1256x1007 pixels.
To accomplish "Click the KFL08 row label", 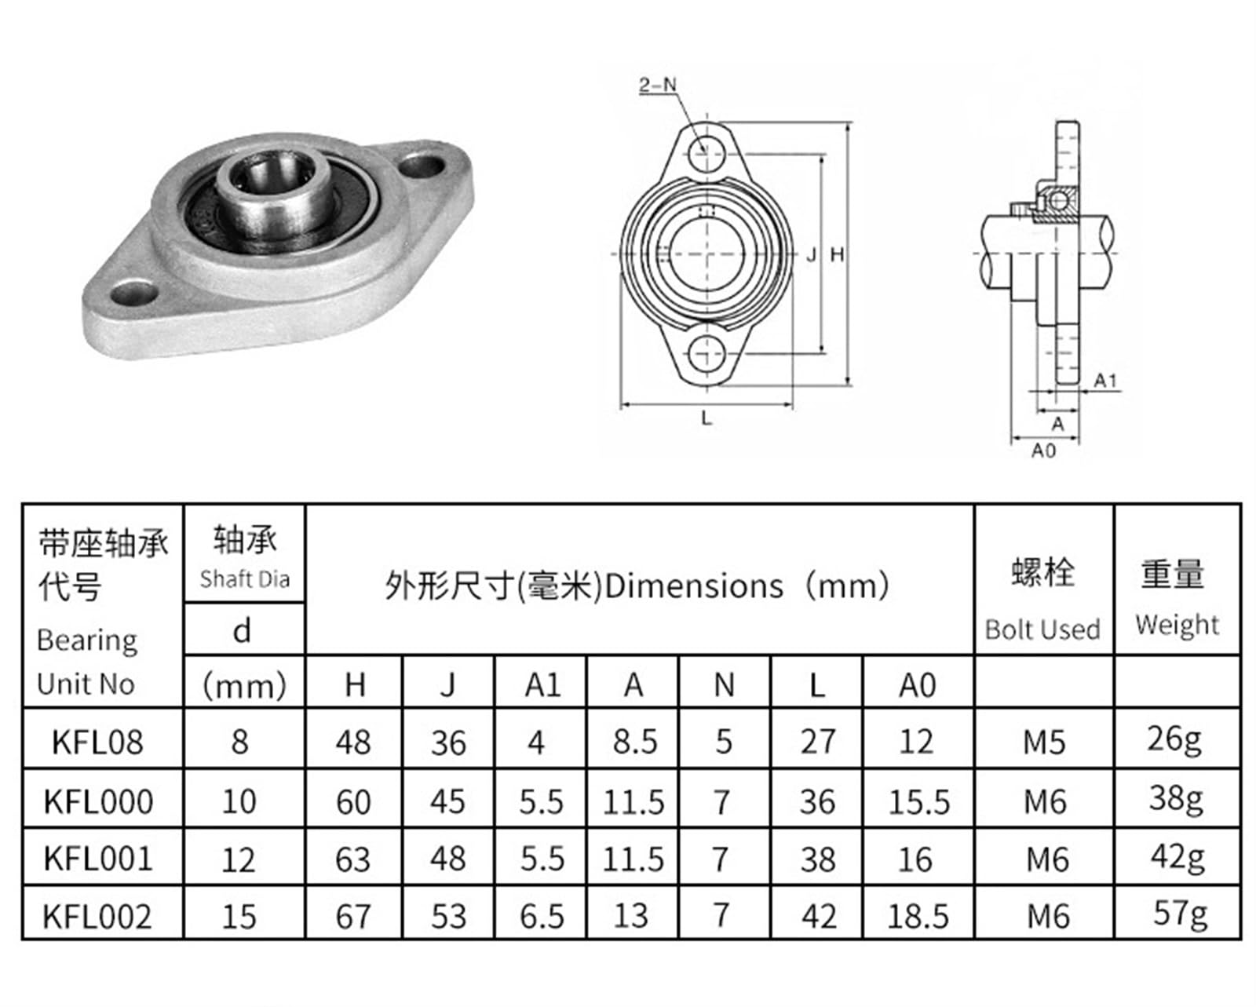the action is [x=97, y=742].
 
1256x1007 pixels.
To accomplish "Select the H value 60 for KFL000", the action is [x=353, y=801].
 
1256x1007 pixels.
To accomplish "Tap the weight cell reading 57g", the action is [x=1180, y=914].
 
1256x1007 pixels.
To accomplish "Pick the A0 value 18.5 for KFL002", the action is [x=918, y=917].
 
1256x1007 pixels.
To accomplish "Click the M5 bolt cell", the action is [x=1045, y=742].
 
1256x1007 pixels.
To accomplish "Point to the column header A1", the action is [x=542, y=684].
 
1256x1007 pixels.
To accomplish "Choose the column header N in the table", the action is [x=725, y=684].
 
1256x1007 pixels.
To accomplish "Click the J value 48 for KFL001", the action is [x=447, y=859].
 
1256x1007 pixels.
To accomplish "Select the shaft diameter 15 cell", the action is [x=239, y=917].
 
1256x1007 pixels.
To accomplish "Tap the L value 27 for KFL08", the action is [x=818, y=742].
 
